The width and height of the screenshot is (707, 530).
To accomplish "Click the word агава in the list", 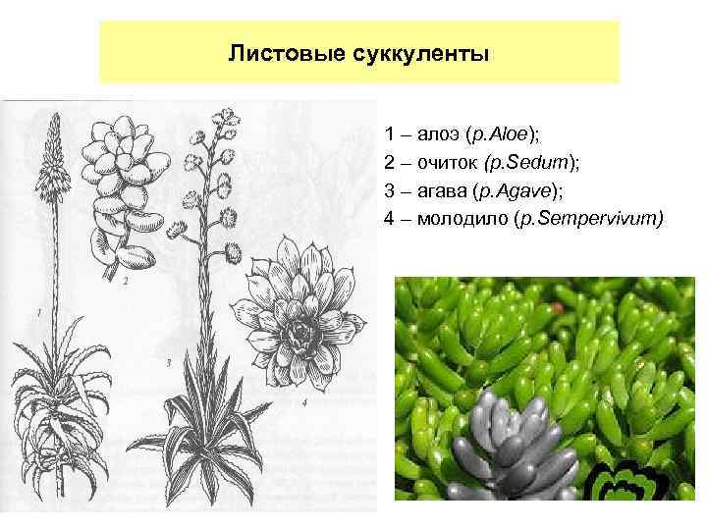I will (441, 189).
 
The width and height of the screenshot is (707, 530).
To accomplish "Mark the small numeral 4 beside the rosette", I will (305, 401).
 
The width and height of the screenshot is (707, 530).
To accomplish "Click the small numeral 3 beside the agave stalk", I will (169, 363).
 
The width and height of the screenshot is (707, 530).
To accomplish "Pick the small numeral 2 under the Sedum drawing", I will (126, 281).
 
